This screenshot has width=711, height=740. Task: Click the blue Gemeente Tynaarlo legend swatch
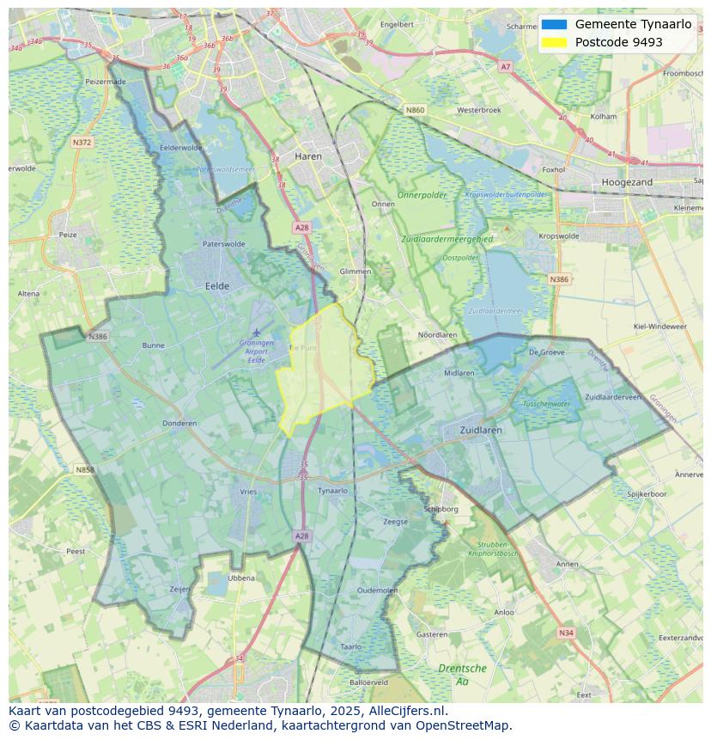click(555, 24)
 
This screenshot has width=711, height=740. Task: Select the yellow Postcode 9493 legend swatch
click(555, 42)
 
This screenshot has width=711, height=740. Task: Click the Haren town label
click(307, 156)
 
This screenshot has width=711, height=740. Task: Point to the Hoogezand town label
click(627, 182)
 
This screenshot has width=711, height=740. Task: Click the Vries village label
click(248, 492)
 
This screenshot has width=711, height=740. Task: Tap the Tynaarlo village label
click(332, 491)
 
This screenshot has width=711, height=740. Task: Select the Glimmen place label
click(355, 272)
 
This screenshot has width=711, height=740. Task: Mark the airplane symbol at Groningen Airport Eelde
click(256, 332)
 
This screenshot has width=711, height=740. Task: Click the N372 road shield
click(82, 142)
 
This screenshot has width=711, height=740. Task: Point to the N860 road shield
click(415, 110)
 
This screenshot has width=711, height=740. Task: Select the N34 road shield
click(565, 633)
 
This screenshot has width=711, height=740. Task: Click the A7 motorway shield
click(505, 66)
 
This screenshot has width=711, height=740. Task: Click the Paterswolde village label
click(223, 244)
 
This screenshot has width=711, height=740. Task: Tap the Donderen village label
click(179, 423)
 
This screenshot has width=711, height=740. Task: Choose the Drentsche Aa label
click(462, 674)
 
